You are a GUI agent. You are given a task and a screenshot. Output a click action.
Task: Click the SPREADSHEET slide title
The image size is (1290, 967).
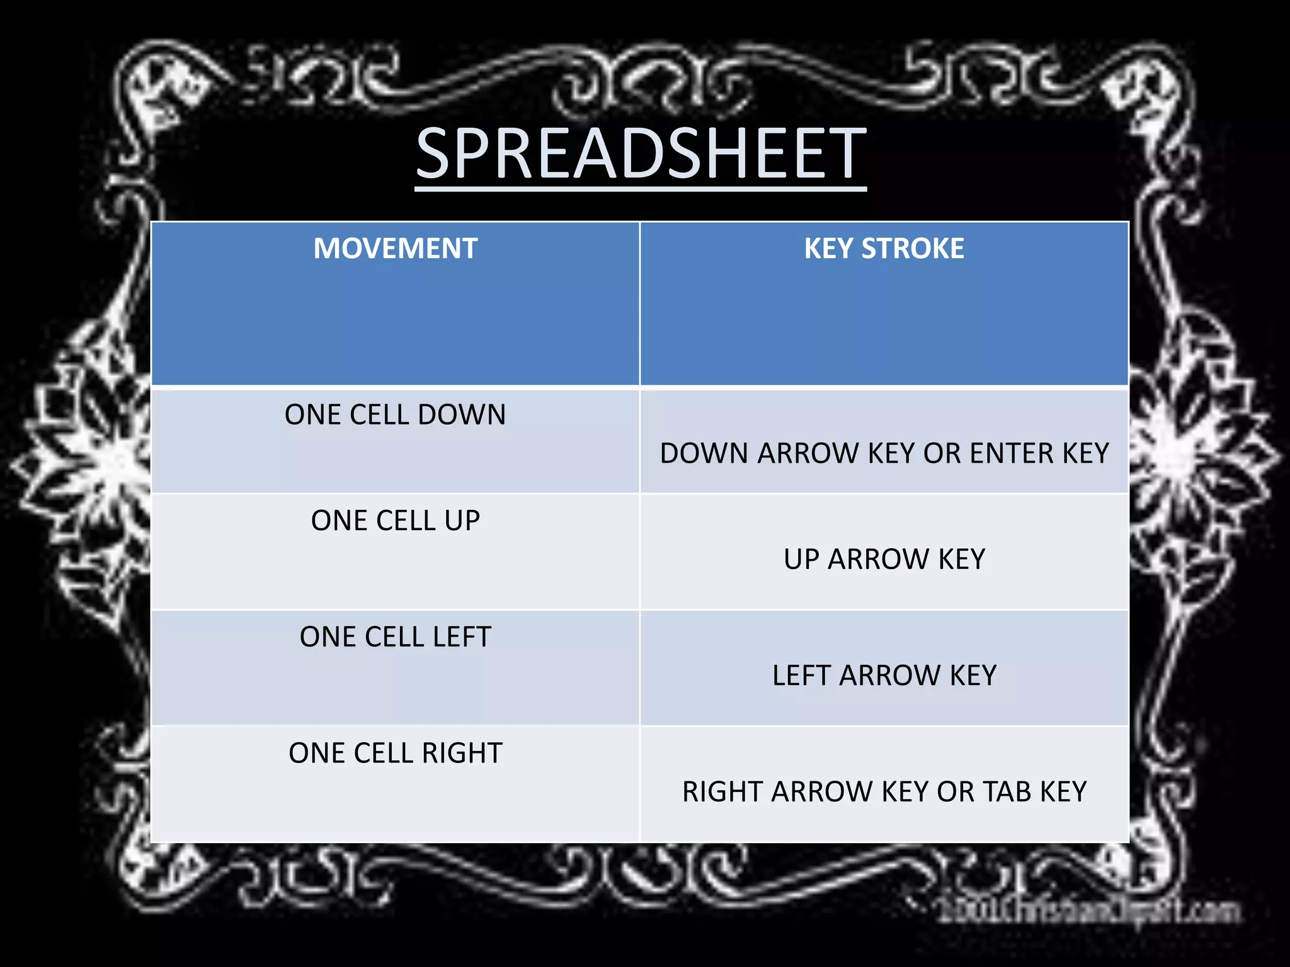(x=641, y=154)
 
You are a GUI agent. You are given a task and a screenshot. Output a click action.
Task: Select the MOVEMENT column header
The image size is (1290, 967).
(x=396, y=249)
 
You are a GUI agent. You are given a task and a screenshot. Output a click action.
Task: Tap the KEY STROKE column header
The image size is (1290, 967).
(x=884, y=249)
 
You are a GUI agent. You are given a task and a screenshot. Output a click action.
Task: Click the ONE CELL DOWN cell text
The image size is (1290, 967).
(x=395, y=415)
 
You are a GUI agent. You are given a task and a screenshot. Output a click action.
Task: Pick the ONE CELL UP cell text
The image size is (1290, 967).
(x=395, y=521)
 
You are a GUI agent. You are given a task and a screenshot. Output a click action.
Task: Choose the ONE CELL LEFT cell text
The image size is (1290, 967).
(x=395, y=637)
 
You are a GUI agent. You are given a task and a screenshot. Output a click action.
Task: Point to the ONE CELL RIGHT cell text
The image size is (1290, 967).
(x=395, y=753)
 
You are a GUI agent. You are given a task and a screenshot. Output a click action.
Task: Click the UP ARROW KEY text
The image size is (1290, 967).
(x=884, y=559)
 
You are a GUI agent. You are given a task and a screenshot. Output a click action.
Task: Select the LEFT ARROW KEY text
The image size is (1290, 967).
(x=884, y=676)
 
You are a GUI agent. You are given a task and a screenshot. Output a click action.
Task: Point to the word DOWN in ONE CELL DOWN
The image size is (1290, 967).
(x=462, y=415)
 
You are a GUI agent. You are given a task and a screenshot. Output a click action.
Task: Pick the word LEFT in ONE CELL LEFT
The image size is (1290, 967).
(x=462, y=637)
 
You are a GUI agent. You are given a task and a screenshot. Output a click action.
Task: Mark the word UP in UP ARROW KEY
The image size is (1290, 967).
(x=801, y=559)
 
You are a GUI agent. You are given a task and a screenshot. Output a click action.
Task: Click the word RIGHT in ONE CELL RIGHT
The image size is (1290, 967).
(x=462, y=753)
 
